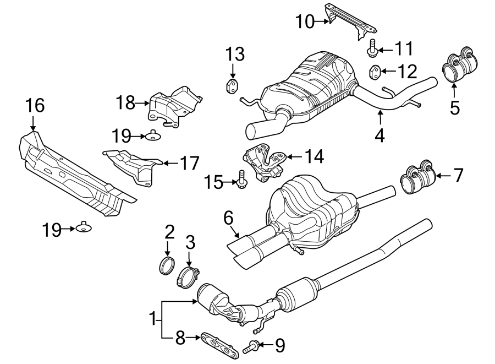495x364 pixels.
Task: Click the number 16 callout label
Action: [34, 105]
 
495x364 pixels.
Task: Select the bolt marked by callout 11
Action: [372, 48]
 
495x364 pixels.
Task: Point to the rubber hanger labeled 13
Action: [232, 86]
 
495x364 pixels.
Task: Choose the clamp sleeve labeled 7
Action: [417, 177]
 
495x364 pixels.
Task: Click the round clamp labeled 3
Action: [187, 274]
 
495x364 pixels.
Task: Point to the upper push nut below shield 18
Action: [152, 134]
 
